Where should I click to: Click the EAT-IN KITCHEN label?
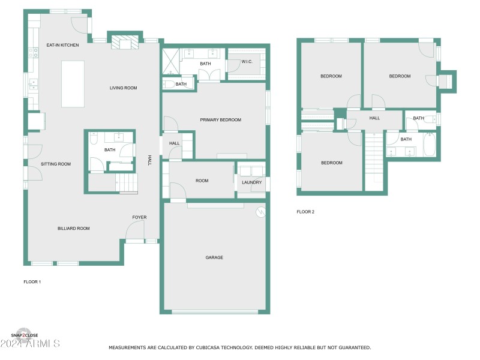click(64, 45)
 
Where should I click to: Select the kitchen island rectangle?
click(73, 83)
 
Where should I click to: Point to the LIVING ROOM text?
click(123, 88)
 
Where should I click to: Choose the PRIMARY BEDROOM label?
click(220, 120)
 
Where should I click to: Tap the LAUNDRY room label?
click(251, 182)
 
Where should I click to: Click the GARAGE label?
click(214, 257)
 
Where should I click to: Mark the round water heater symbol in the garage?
click(260, 211)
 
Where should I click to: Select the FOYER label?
click(139, 217)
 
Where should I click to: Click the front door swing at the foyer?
click(136, 230)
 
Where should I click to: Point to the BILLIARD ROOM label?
click(73, 229)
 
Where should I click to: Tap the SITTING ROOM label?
click(56, 164)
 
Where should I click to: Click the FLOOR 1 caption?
click(32, 281)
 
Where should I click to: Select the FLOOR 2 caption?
click(305, 212)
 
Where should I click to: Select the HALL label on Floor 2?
click(374, 118)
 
